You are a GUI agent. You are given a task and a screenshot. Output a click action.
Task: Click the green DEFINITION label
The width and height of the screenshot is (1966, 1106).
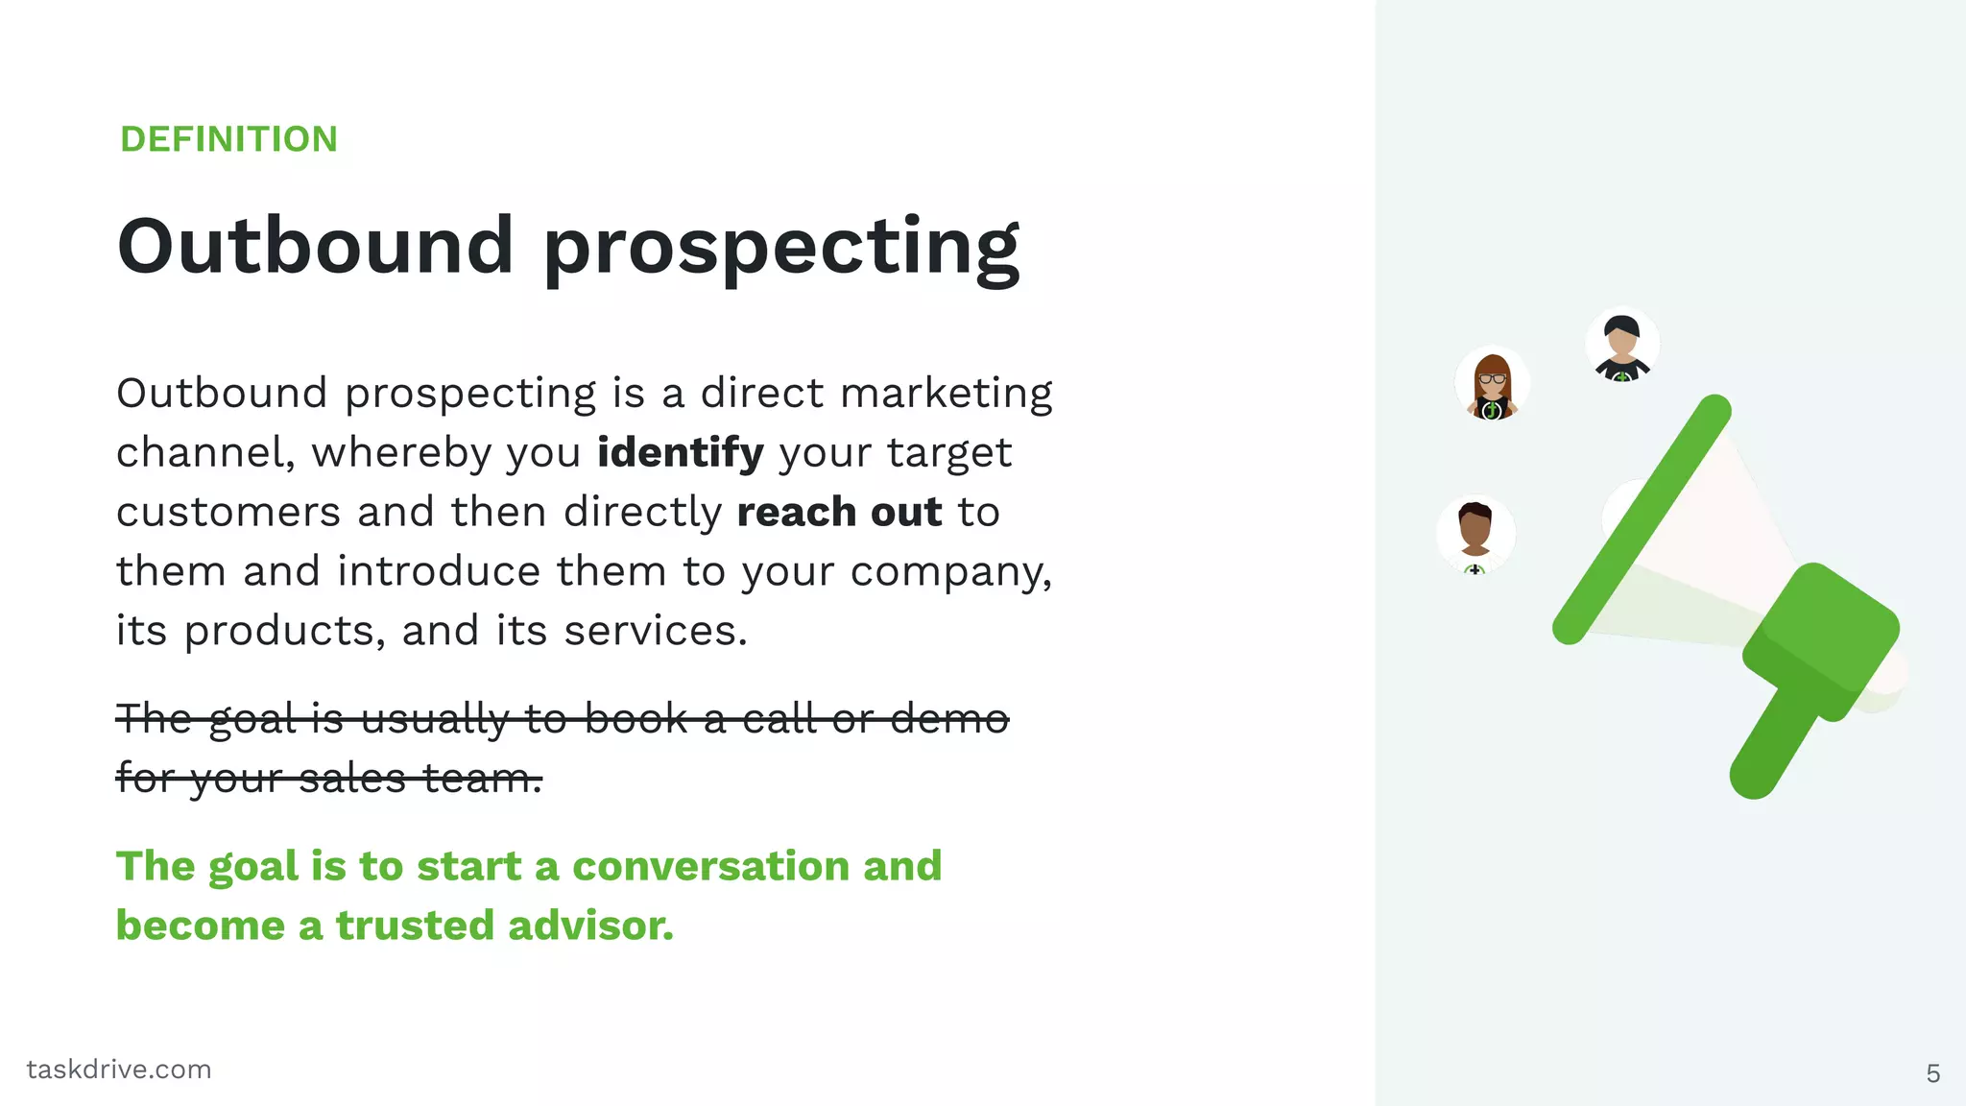pos(228,139)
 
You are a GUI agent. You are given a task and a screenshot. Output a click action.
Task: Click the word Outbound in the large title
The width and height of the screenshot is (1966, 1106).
pos(315,246)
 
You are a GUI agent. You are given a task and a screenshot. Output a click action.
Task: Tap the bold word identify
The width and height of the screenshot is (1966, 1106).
pos(680,452)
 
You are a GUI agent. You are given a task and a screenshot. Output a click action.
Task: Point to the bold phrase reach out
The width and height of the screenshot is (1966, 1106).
pos(839,512)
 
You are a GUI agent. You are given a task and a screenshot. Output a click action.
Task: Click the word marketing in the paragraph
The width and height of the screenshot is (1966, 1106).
pos(946,394)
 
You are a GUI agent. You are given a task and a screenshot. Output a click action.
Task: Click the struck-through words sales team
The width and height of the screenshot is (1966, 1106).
pos(420,778)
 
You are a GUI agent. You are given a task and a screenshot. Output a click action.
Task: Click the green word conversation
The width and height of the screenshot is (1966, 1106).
pos(710,866)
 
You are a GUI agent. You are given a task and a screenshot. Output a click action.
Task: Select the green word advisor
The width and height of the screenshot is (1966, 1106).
pos(590,926)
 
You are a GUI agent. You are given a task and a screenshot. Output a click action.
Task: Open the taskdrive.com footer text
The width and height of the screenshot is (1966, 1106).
pos(119,1070)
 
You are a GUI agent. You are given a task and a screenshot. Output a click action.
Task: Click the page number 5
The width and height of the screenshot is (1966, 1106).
pos(1932,1073)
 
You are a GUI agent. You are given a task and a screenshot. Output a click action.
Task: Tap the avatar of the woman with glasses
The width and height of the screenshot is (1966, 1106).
pos(1492,384)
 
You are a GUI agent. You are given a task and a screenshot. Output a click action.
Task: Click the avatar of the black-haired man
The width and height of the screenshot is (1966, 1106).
pos(1621,345)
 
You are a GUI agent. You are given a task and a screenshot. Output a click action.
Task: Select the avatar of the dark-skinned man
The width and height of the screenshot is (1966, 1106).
pos(1475,534)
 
